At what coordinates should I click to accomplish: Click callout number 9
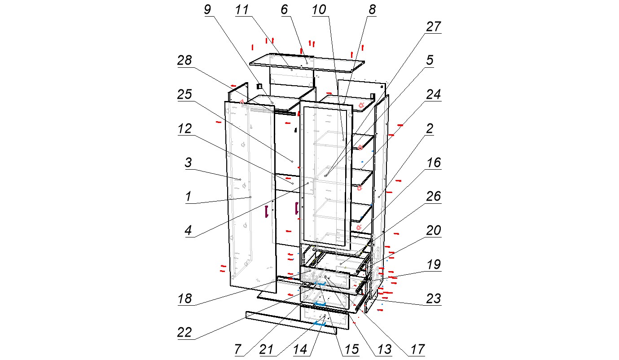(207, 10)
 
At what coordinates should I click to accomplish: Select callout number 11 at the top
(242, 10)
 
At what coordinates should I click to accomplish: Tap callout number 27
(433, 27)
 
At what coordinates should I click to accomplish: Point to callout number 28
(184, 60)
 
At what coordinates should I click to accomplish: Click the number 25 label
(184, 95)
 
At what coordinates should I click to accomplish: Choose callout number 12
(184, 129)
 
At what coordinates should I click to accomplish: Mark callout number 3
(188, 163)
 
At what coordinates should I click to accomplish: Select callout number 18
(184, 299)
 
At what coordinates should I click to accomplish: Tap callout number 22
(184, 333)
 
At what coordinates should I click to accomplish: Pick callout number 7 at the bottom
(238, 350)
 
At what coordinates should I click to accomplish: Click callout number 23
(433, 299)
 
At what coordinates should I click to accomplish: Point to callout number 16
(434, 163)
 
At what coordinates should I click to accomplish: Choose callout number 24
(433, 95)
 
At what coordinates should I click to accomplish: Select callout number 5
(430, 60)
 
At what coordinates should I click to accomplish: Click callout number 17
(417, 350)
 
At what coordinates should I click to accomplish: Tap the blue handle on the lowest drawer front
(320, 324)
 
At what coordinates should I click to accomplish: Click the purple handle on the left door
(266, 211)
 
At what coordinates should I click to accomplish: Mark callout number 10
(319, 10)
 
